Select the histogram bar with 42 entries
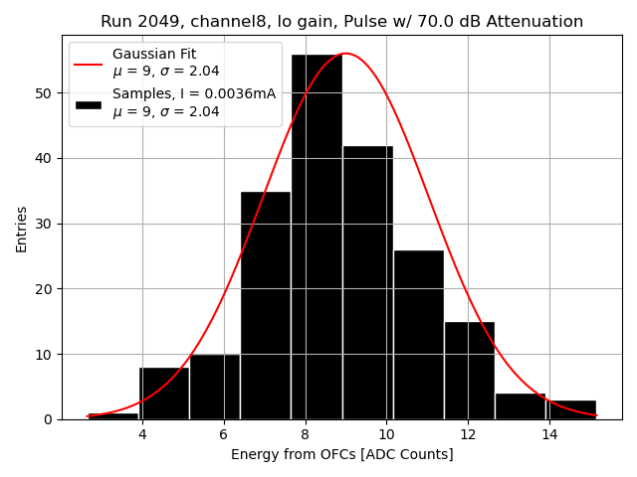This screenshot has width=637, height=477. pyautogui.click(x=367, y=282)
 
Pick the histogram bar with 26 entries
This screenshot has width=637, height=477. pyautogui.click(x=418, y=334)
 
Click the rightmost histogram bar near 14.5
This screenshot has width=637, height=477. pyautogui.click(x=571, y=409)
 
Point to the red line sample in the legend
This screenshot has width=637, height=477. pyautogui.click(x=88, y=63)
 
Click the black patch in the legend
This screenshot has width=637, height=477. pyautogui.click(x=88, y=103)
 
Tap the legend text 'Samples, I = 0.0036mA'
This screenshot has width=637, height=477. pyautogui.click(x=194, y=93)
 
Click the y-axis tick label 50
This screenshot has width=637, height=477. pyautogui.click(x=45, y=93)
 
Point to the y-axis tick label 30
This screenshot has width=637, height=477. pyautogui.click(x=45, y=224)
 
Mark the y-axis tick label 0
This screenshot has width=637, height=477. pyautogui.click(x=49, y=419)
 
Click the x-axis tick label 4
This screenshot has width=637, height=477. pyautogui.click(x=142, y=435)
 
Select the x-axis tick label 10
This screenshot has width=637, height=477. pyautogui.click(x=386, y=435)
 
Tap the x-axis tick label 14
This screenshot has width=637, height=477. pyautogui.click(x=548, y=435)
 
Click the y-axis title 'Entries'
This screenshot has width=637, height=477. pyautogui.click(x=22, y=229)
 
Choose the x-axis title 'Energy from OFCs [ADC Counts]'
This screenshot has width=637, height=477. pyautogui.click(x=341, y=455)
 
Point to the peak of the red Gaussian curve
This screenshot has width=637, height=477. pyautogui.click(x=345, y=54)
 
